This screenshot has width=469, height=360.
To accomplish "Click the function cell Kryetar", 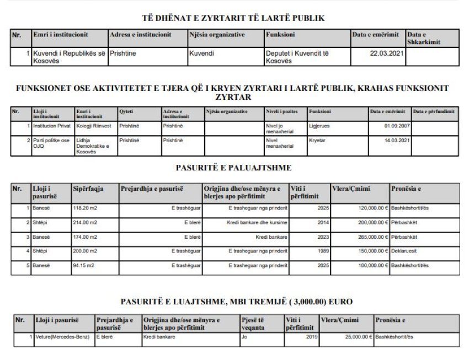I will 317,140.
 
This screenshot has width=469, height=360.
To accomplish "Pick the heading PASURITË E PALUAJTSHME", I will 234,167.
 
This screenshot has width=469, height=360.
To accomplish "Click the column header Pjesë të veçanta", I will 255,323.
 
